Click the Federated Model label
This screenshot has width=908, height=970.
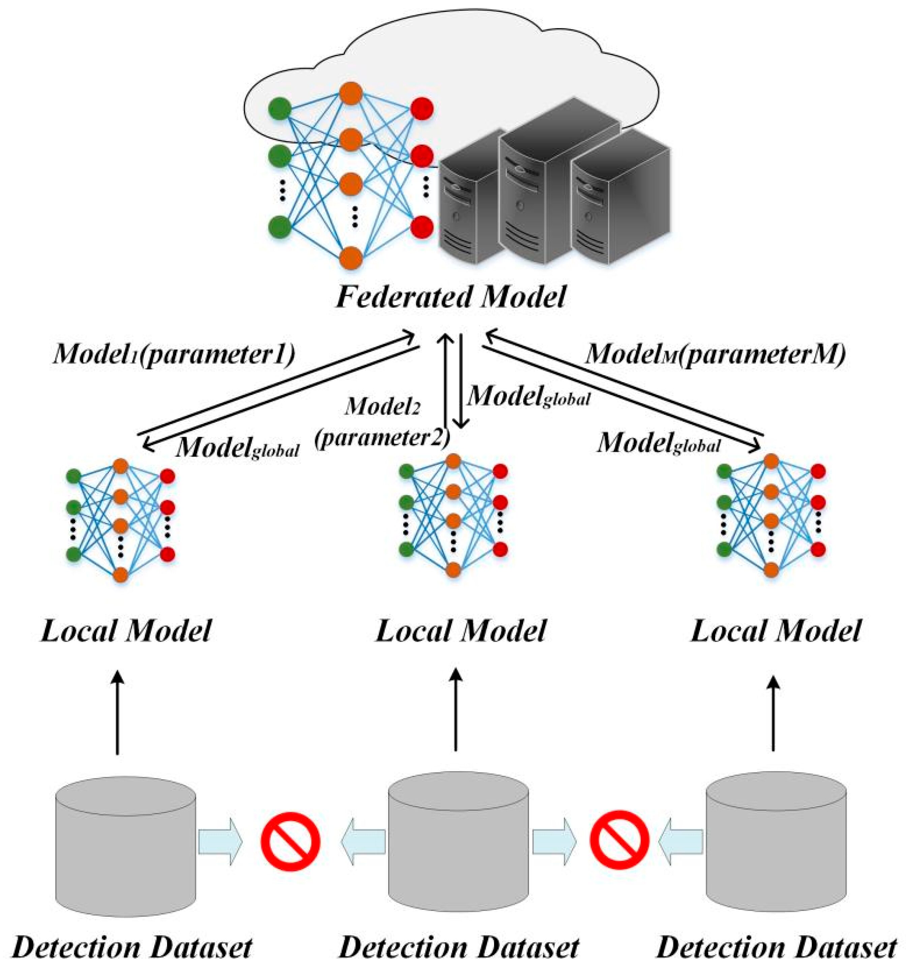tap(450, 296)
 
